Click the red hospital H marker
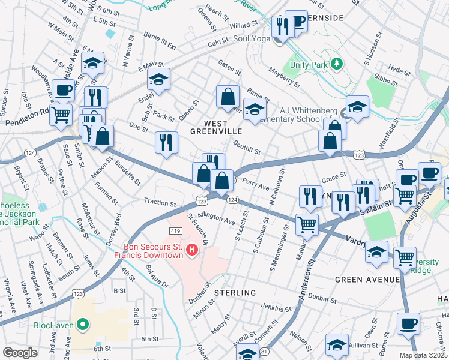[x=192, y=249]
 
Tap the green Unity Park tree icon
[x=337, y=64]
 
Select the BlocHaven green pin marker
[x=83, y=326]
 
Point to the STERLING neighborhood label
[x=235, y=292]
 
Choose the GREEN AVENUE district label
[x=367, y=280]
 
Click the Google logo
[x=20, y=353]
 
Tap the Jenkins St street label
[x=277, y=308]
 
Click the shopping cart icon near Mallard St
[x=307, y=225]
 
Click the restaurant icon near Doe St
[x=166, y=142]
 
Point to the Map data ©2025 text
[x=423, y=355]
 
